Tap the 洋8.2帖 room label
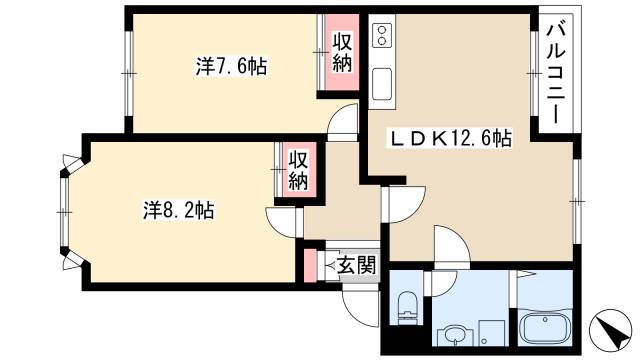(x=177, y=210)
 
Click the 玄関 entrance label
(x=355, y=265)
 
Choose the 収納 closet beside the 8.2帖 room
(x=298, y=170)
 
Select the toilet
(x=406, y=308)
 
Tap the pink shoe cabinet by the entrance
(x=309, y=265)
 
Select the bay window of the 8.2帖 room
(x=65, y=210)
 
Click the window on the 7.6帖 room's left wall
(x=128, y=72)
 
